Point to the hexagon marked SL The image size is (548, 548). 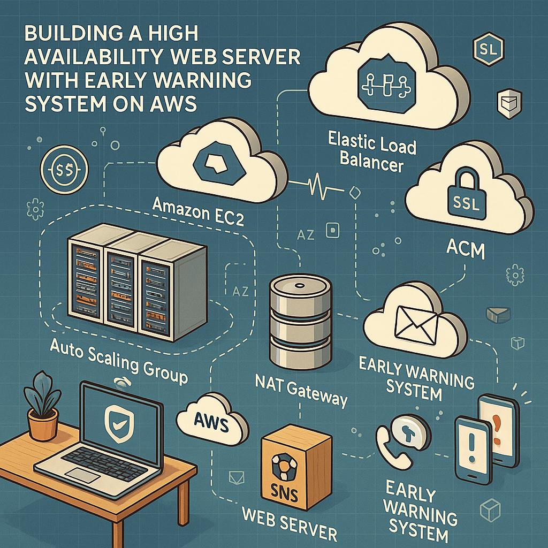[488, 51]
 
